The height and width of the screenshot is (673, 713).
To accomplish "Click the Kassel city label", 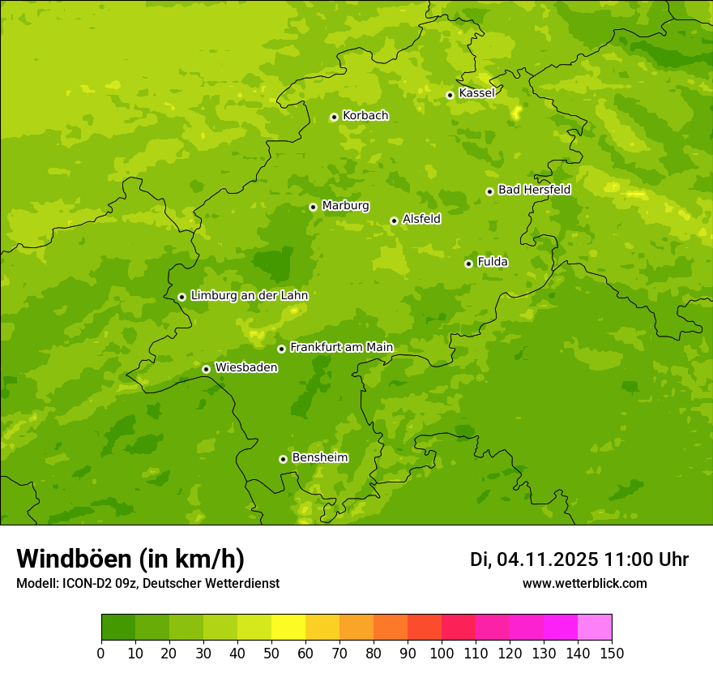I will point(476,93).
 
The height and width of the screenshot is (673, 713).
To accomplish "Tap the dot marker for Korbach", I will point(334,117).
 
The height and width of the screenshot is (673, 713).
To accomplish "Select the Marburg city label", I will point(345,206).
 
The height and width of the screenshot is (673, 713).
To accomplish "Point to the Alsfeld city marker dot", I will point(394,221).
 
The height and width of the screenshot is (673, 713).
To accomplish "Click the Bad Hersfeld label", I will point(534,190).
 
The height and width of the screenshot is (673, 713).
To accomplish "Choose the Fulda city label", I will point(493,262).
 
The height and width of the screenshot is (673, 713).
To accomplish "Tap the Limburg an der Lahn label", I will point(249,296).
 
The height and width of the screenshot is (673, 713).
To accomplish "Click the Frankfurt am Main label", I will point(341,348).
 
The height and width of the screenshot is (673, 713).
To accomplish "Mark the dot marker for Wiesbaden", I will point(206,369).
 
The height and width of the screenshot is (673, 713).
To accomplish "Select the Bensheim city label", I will point(319,458).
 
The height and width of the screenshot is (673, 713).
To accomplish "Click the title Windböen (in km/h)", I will point(130,559).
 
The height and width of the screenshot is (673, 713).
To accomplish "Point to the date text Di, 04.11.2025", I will point(534,559).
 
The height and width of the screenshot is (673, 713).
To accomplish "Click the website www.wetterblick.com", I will point(584,584).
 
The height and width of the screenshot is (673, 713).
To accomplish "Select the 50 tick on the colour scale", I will point(271,653).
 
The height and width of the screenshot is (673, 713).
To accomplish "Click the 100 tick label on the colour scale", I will point(442,653).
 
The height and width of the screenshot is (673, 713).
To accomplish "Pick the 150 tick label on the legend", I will point(612,653).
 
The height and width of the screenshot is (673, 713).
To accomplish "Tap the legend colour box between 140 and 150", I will point(595,628).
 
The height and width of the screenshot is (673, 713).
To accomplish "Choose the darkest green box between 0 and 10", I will point(118,628).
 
